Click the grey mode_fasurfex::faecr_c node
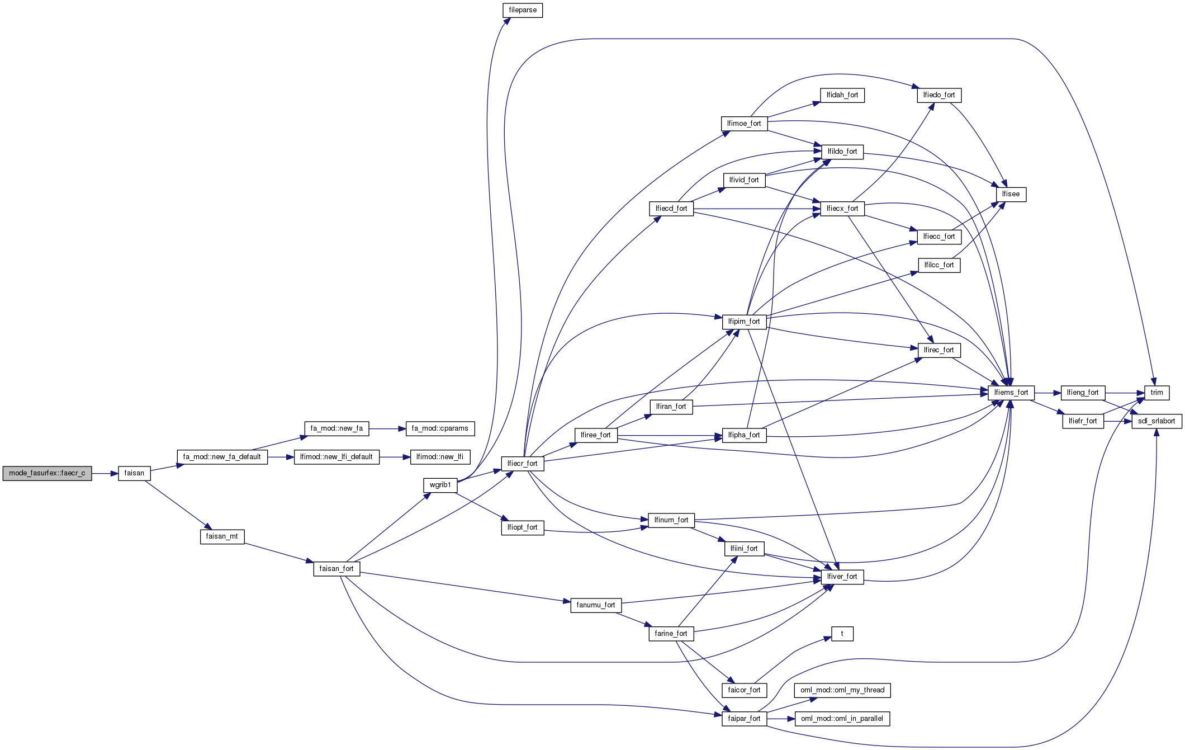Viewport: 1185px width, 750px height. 47,473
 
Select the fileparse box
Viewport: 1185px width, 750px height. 523,10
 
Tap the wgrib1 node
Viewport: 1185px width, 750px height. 440,485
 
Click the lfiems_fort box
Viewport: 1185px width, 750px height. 1011,393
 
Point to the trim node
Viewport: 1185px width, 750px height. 1156,393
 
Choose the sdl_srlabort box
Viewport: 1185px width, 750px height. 1156,421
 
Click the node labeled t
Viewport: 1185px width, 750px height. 842,634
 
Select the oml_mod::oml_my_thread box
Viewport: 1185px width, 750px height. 842,690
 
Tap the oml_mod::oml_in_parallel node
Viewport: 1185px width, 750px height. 842,719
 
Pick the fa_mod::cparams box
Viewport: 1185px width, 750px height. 440,428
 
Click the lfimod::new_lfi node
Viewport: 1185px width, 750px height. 440,457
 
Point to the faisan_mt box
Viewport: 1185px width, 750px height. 222,536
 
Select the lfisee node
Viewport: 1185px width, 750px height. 1011,194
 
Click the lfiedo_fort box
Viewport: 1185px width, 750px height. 939,95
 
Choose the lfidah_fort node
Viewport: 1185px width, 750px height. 842,95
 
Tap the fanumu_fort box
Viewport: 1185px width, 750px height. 595,605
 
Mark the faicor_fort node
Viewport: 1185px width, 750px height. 744,690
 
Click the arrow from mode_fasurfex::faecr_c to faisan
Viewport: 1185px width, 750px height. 105,473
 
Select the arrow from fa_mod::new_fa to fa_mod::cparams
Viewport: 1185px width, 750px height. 387,428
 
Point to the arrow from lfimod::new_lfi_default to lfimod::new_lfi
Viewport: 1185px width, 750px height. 395,457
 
